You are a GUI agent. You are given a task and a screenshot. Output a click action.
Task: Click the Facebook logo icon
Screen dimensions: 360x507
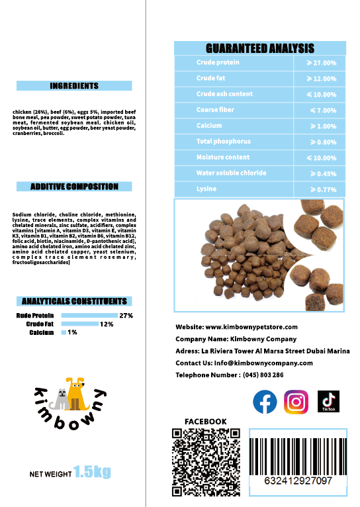[x=265, y=402]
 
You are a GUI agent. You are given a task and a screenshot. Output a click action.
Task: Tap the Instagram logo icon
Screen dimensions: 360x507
[x=296, y=402]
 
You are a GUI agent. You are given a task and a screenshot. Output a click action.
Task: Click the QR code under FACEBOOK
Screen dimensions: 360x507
[x=205, y=462]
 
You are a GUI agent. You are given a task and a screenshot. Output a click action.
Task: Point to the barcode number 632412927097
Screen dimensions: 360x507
[x=298, y=481]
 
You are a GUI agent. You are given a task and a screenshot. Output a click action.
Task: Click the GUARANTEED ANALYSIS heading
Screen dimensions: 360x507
[x=260, y=48]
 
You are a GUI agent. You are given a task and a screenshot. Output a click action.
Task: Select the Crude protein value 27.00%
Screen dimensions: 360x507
[x=322, y=63]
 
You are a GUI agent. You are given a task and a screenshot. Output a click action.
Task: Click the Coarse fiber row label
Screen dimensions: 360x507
[x=215, y=110]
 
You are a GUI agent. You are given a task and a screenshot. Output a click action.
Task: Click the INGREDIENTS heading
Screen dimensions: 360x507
[x=74, y=86]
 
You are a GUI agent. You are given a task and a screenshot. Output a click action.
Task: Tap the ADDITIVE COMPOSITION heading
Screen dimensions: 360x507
[x=74, y=187]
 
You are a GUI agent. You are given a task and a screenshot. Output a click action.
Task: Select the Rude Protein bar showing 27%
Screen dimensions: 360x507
[x=89, y=316]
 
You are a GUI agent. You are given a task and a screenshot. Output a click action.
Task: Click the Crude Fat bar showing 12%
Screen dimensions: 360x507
[x=79, y=324]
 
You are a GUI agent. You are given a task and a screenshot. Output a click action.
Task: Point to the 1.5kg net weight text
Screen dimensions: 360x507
[x=92, y=472]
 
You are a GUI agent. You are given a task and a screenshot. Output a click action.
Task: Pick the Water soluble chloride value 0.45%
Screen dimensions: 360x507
[x=322, y=173]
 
